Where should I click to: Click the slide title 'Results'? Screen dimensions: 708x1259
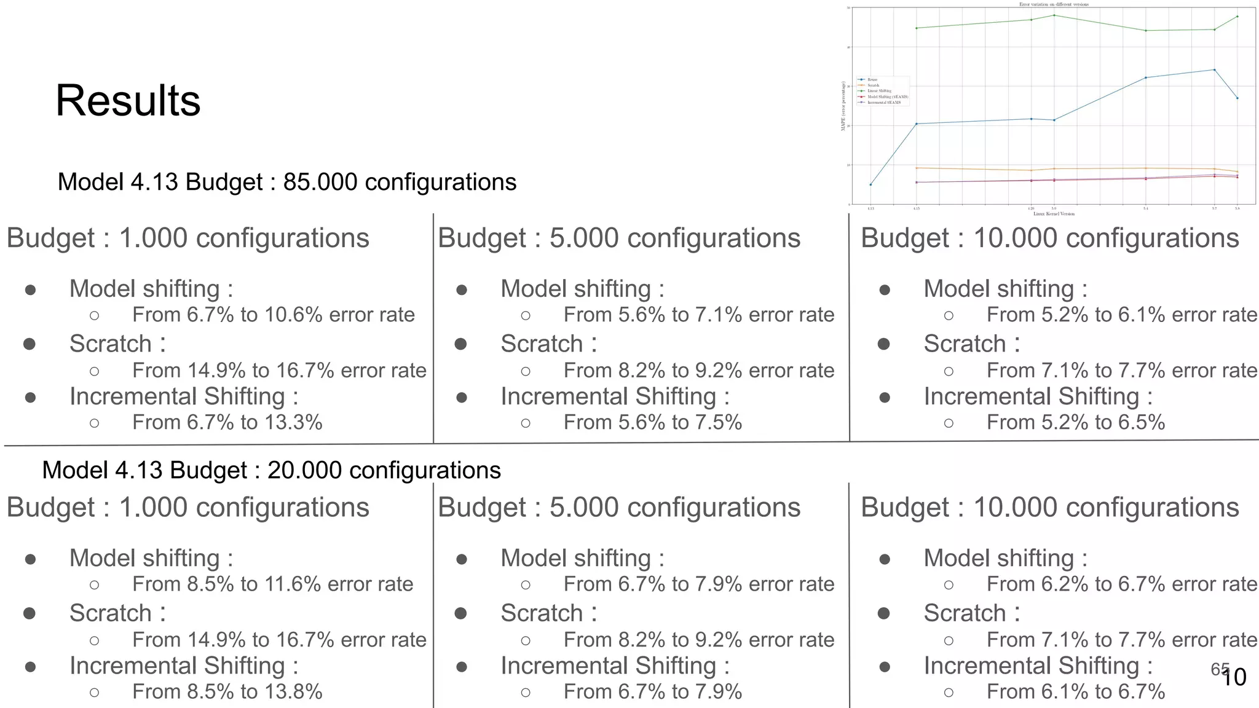pyautogui.click(x=128, y=101)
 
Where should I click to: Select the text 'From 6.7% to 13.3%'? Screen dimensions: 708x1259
pyautogui.click(x=227, y=422)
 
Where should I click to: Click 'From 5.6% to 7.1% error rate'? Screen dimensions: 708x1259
pyautogui.click(x=698, y=315)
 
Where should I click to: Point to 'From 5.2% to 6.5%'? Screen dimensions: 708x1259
pyautogui.click(x=1075, y=422)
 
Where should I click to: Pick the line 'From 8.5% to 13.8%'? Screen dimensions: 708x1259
pyautogui.click(x=227, y=691)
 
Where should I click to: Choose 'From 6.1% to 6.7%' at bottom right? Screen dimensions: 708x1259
pyautogui.click(x=1075, y=691)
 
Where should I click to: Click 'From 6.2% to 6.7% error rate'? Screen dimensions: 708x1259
pyautogui.click(x=1121, y=584)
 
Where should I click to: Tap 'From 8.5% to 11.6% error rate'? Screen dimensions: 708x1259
pyautogui.click(x=272, y=584)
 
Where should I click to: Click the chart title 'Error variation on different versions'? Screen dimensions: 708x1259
pyautogui.click(x=1054, y=4)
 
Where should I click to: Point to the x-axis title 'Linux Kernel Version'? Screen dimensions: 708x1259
pyautogui.click(x=1054, y=214)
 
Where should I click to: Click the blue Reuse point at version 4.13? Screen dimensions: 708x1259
pyautogui.click(x=870, y=184)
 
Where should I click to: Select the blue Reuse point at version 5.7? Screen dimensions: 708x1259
pyautogui.click(x=1214, y=70)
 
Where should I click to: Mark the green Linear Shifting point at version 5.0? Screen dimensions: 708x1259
pyautogui.click(x=1054, y=15)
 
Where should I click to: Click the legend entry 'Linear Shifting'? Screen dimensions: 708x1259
pyautogui.click(x=879, y=91)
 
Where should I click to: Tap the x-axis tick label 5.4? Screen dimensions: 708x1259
pyautogui.click(x=1145, y=209)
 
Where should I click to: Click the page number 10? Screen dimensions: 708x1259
pyautogui.click(x=1234, y=677)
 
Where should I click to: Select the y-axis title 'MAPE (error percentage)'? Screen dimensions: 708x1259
pyautogui.click(x=843, y=106)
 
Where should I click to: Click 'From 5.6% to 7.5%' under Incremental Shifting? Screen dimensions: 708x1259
pyautogui.click(x=652, y=422)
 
